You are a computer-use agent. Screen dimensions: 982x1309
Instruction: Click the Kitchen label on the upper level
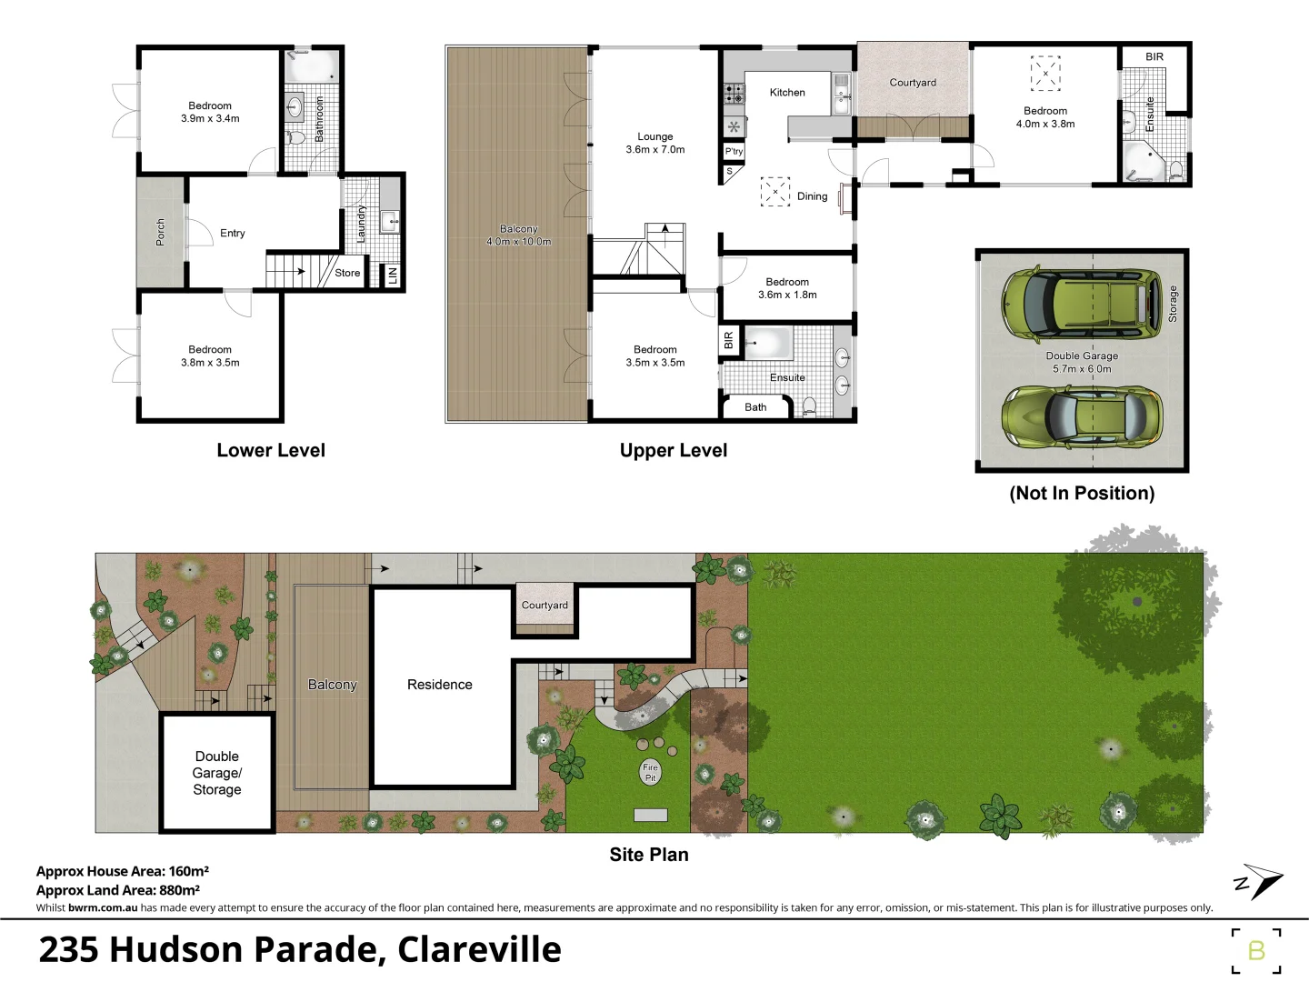click(787, 93)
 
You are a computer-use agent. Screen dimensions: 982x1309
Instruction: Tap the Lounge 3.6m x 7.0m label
click(654, 143)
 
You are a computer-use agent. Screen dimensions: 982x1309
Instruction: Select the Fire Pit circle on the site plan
click(650, 772)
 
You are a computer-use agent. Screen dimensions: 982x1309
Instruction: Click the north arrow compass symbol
click(1259, 881)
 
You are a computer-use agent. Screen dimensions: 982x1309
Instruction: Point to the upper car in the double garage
click(1082, 304)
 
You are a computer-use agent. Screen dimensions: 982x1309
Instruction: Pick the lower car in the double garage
click(1082, 416)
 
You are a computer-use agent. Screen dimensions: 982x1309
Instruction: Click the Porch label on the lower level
click(160, 233)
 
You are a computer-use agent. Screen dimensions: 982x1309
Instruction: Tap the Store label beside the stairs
click(347, 273)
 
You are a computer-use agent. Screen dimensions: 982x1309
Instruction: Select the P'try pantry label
click(734, 152)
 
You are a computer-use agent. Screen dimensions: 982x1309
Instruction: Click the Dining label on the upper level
click(812, 196)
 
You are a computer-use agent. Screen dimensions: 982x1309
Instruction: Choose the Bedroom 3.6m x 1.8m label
click(787, 288)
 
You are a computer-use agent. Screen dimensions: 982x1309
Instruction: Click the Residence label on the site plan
click(439, 685)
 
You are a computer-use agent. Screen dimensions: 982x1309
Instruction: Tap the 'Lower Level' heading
click(271, 450)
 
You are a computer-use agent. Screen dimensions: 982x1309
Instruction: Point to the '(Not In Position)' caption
click(1082, 493)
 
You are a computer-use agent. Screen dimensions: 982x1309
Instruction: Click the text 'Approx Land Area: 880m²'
click(118, 890)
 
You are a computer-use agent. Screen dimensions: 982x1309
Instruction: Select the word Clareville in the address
click(479, 949)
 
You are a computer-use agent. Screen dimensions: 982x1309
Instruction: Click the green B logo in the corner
click(1256, 951)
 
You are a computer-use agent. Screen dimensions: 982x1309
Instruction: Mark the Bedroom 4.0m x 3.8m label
click(1045, 117)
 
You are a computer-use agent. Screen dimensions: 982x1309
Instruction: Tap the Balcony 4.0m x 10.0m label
click(518, 235)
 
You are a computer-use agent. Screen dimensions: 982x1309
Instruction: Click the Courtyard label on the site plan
click(545, 606)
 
